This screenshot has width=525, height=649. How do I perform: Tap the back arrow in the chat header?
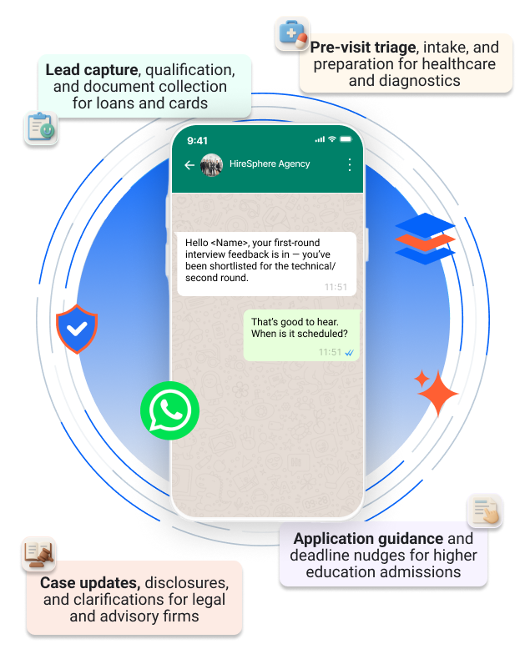pos(189,165)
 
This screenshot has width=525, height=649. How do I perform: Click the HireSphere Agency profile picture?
pos(212,164)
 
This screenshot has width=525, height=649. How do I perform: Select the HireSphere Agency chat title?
pos(270,164)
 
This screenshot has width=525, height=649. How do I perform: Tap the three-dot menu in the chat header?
pos(349,164)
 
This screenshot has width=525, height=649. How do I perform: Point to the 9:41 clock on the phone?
pos(198,140)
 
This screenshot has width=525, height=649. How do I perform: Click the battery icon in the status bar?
pos(346,139)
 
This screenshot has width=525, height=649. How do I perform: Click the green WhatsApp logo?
pos(170,410)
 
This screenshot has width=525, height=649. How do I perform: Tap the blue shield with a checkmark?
pos(77,329)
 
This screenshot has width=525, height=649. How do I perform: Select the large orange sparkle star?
pos(437,392)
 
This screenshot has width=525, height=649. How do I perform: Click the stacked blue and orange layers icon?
pos(425,239)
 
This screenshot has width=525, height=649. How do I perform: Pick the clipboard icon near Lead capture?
pos(40,128)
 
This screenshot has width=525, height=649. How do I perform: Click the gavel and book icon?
pos(38,553)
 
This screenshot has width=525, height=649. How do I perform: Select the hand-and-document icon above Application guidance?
pos(485,511)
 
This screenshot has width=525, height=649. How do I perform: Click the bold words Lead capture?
pos(91,70)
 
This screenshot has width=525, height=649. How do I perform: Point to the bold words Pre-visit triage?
pos(363,48)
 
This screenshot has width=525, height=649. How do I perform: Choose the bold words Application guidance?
pos(368,539)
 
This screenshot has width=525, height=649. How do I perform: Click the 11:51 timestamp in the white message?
pos(336,286)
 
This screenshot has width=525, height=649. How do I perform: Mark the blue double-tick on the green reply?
pos(349,353)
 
